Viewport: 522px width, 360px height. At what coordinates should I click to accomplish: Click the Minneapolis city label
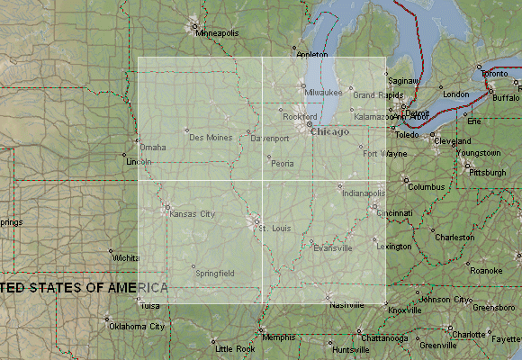click(x=218, y=33)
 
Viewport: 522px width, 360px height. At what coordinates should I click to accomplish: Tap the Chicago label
click(x=328, y=132)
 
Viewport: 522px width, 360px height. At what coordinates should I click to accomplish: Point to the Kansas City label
click(x=193, y=213)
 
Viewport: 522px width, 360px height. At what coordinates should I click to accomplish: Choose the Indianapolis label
click(x=363, y=193)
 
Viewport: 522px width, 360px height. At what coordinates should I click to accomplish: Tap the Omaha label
click(x=153, y=147)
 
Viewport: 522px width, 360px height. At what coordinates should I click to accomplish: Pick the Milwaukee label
click(x=323, y=93)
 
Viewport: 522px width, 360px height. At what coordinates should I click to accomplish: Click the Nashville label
click(x=346, y=305)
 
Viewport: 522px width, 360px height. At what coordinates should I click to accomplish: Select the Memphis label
click(x=279, y=337)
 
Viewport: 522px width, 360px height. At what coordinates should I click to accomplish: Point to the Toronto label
click(x=494, y=73)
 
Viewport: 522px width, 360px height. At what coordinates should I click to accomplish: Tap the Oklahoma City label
click(x=138, y=327)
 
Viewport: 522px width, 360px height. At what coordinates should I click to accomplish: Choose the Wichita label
click(x=126, y=257)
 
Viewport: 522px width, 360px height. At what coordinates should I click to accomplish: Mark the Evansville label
click(x=333, y=247)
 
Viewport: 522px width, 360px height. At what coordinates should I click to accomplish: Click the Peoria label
click(x=283, y=164)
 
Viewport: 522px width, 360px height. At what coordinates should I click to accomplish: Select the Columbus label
click(x=427, y=186)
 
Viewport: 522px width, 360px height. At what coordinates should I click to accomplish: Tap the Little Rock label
click(x=235, y=348)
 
